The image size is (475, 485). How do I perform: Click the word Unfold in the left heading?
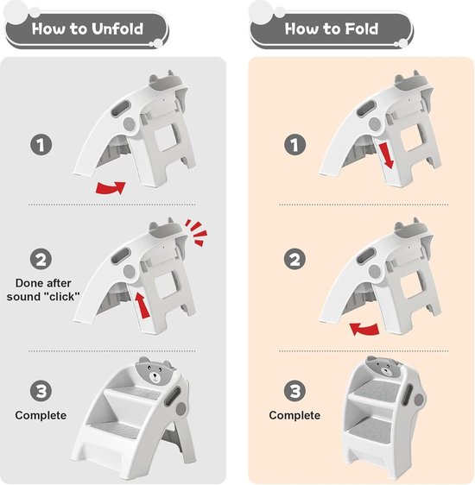tap(117, 28)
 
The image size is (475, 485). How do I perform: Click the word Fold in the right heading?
tap(362, 28)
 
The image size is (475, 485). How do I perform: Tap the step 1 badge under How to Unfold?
tap(41, 144)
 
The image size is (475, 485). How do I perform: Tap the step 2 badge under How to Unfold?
tap(41, 259)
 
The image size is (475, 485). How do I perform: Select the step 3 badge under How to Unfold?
tap(41, 391)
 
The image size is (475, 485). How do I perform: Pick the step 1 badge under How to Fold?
tap(294, 144)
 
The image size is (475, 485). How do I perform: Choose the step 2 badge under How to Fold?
tap(294, 259)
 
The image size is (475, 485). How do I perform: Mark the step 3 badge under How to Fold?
tap(294, 391)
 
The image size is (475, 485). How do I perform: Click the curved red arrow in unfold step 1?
tap(111, 188)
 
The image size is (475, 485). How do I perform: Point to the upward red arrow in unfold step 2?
tap(142, 305)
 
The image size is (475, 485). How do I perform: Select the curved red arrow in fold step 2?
tap(364, 329)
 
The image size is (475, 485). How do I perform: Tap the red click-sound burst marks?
tap(196, 233)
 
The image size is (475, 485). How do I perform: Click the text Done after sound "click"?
tap(43, 290)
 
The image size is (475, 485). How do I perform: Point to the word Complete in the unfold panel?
tap(41, 415)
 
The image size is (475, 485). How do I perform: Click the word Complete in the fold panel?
tap(294, 415)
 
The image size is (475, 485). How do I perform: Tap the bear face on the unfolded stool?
tap(154, 373)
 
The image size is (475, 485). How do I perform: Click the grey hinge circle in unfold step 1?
tap(130, 124)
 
